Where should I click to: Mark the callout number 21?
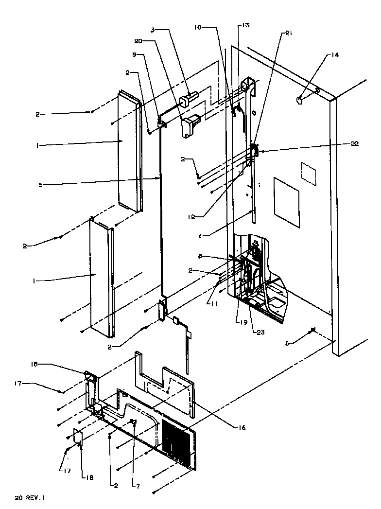pyautogui.click(x=289, y=33)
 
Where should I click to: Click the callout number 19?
pyautogui.click(x=238, y=321)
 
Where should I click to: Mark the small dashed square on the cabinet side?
pyautogui.click(x=308, y=174)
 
